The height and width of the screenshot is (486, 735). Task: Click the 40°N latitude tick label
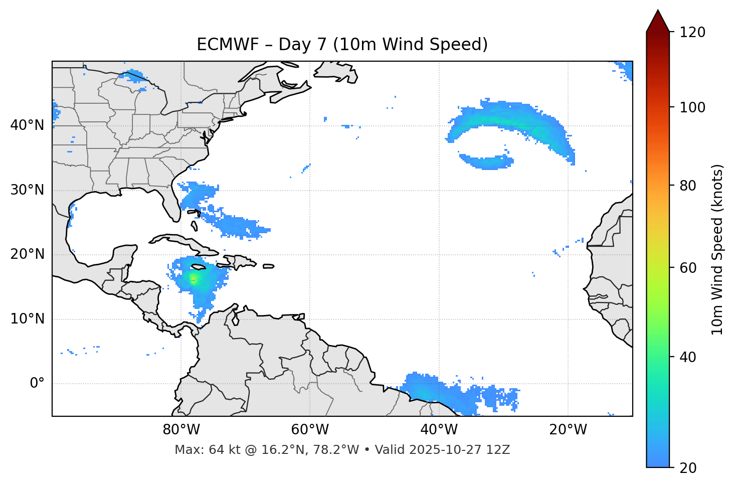27,125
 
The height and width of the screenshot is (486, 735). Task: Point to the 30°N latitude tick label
27,190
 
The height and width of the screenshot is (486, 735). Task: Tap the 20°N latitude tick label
27,254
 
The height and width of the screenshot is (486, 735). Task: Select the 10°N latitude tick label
27,319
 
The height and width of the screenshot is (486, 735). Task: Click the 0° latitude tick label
37,384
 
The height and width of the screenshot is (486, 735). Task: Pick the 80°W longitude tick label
181,430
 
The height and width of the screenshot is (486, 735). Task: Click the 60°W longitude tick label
310,430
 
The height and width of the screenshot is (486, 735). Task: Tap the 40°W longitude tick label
439,430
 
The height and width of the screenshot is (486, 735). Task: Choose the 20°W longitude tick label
568,430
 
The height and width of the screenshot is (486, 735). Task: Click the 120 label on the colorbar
692,32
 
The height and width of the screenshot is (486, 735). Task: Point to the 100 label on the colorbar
692,107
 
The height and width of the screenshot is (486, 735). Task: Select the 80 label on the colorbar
688,186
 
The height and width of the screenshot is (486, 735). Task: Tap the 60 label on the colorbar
688,268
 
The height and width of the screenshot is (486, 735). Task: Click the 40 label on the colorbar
688,357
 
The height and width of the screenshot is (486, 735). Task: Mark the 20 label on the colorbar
688,468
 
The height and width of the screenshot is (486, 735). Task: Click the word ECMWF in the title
221,45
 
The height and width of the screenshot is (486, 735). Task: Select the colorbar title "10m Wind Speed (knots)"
717,249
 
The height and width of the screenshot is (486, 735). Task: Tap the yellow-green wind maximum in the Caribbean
194,279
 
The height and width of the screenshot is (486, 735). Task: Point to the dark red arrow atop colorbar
658,22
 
